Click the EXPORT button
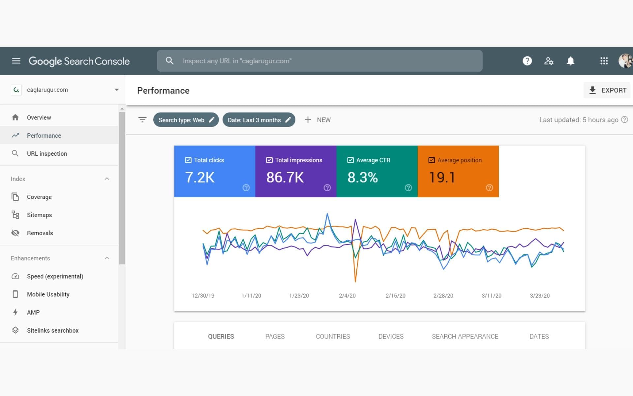(x=607, y=90)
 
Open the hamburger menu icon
(x=16, y=61)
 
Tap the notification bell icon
(x=570, y=61)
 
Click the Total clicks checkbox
(x=188, y=160)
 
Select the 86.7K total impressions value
(x=285, y=178)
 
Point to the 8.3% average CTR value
(x=362, y=178)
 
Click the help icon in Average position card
(x=489, y=188)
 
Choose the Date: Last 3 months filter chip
(x=258, y=120)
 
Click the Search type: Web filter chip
(x=186, y=120)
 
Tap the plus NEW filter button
(x=317, y=120)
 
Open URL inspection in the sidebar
(x=47, y=154)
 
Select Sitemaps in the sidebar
(x=39, y=215)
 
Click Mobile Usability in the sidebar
(x=48, y=294)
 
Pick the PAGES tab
(x=275, y=337)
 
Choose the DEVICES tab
(x=391, y=337)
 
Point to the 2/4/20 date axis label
(x=347, y=296)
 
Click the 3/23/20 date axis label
(x=540, y=296)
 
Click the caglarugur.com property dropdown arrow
(x=116, y=90)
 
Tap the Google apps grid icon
(x=604, y=61)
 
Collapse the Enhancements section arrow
(x=107, y=258)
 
